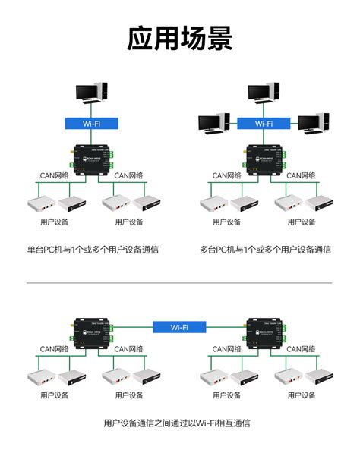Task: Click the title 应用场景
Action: (x=180, y=37)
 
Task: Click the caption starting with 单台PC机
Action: (x=93, y=249)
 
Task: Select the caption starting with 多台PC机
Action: (x=266, y=249)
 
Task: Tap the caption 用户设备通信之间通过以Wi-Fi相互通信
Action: (x=177, y=423)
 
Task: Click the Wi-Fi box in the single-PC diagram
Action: (x=90, y=123)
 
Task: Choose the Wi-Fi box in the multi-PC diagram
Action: (x=264, y=123)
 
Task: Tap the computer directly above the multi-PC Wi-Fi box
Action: (x=264, y=94)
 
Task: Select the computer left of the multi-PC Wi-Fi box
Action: (x=213, y=122)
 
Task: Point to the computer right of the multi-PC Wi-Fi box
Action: (x=313, y=122)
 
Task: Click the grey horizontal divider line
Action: (x=179, y=283)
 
